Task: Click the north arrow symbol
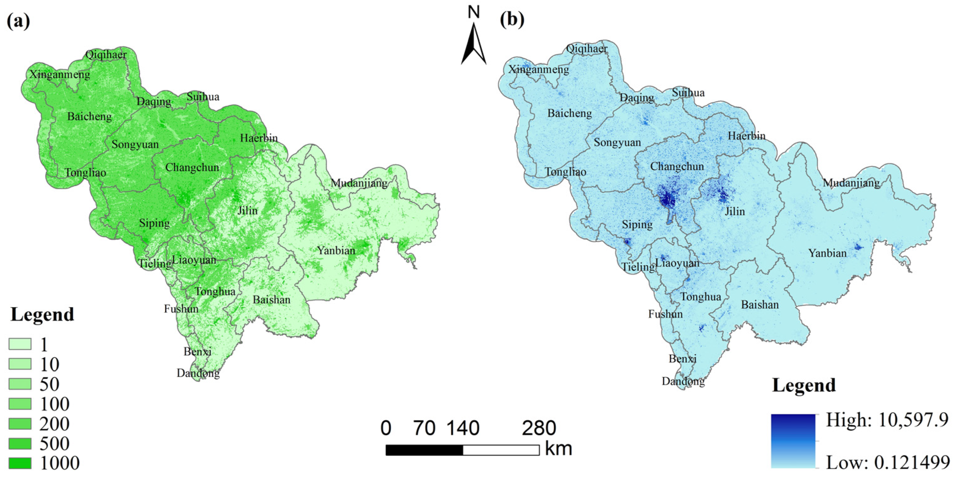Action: tap(473, 45)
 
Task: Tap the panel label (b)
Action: tap(512, 19)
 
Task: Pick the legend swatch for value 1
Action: tap(20, 344)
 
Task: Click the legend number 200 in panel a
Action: tap(54, 424)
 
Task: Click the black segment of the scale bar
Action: tap(424, 450)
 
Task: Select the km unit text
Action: tap(558, 449)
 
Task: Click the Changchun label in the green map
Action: tap(192, 167)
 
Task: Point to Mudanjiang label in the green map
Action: tap(359, 183)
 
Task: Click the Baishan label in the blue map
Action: tap(760, 305)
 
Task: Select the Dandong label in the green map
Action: tap(198, 373)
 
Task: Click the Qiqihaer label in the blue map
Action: tap(587, 49)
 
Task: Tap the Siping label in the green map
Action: tap(154, 223)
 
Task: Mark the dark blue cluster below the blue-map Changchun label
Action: tap(667, 198)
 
